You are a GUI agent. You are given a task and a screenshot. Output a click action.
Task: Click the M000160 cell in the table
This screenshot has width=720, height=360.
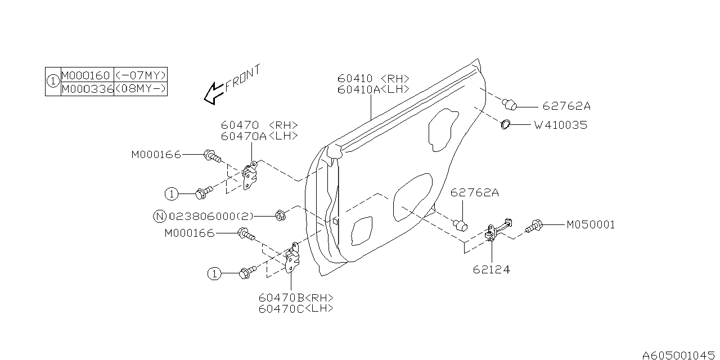(x=87, y=75)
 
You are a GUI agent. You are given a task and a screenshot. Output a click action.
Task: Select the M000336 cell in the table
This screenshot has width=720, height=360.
(x=87, y=89)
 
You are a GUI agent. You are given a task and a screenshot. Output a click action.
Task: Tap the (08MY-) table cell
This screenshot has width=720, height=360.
(x=140, y=89)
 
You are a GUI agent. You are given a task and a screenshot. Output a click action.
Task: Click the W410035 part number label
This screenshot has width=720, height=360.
(x=560, y=125)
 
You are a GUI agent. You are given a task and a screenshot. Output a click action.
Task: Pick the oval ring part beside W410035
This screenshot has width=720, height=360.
(x=505, y=124)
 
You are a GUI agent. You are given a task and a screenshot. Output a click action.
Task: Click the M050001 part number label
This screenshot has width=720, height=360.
(x=590, y=224)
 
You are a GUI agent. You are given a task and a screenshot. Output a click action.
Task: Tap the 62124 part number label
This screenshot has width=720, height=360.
(x=491, y=269)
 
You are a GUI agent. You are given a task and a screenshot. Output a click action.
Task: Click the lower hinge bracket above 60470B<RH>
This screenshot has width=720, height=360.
(x=293, y=258)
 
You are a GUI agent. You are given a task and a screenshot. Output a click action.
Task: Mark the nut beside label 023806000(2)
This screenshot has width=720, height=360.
(x=280, y=215)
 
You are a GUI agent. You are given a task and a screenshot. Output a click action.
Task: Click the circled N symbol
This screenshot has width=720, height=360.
(x=160, y=215)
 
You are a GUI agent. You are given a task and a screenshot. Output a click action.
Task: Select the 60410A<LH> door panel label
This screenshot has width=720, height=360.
(x=373, y=89)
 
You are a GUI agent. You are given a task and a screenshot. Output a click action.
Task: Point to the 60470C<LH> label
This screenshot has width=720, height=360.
(x=296, y=308)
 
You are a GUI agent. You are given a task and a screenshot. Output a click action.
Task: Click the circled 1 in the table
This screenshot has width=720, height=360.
(x=52, y=82)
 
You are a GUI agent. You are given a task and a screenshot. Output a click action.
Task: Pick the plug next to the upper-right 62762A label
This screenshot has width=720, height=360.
(x=510, y=104)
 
